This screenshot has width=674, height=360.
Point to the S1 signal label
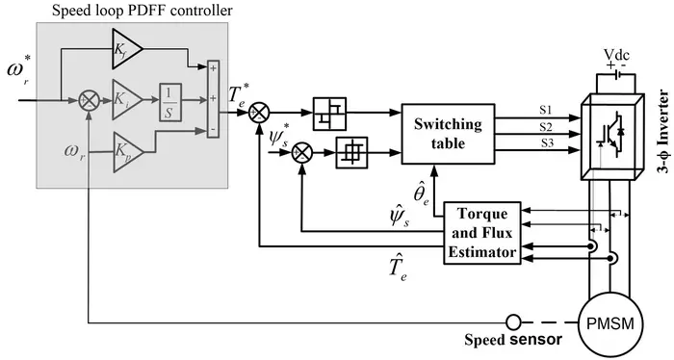[x=545, y=112]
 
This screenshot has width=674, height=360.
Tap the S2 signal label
[x=545, y=127]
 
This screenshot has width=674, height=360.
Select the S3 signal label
[x=545, y=143]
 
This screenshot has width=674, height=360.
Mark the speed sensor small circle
[x=514, y=321]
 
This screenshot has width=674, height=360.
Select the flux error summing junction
[x=304, y=151]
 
